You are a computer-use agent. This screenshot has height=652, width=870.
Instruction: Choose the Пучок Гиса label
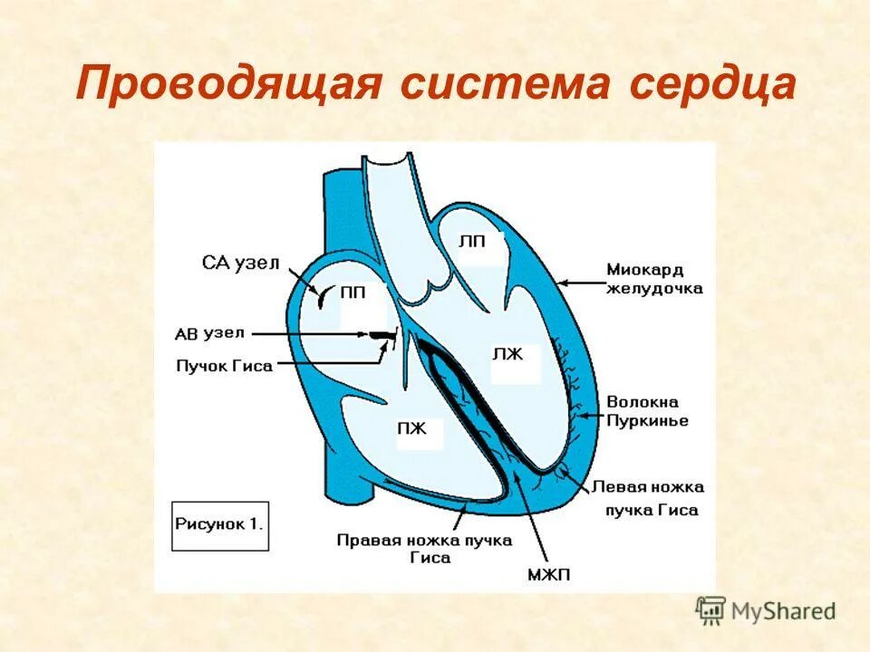[x=225, y=365]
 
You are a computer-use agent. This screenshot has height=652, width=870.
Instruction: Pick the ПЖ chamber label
[x=411, y=427]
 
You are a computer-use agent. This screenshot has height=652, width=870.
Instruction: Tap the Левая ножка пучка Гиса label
[x=647, y=498]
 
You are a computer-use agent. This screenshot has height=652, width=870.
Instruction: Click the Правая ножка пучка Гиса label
[x=424, y=549]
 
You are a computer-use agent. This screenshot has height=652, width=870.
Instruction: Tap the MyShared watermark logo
[x=767, y=610]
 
